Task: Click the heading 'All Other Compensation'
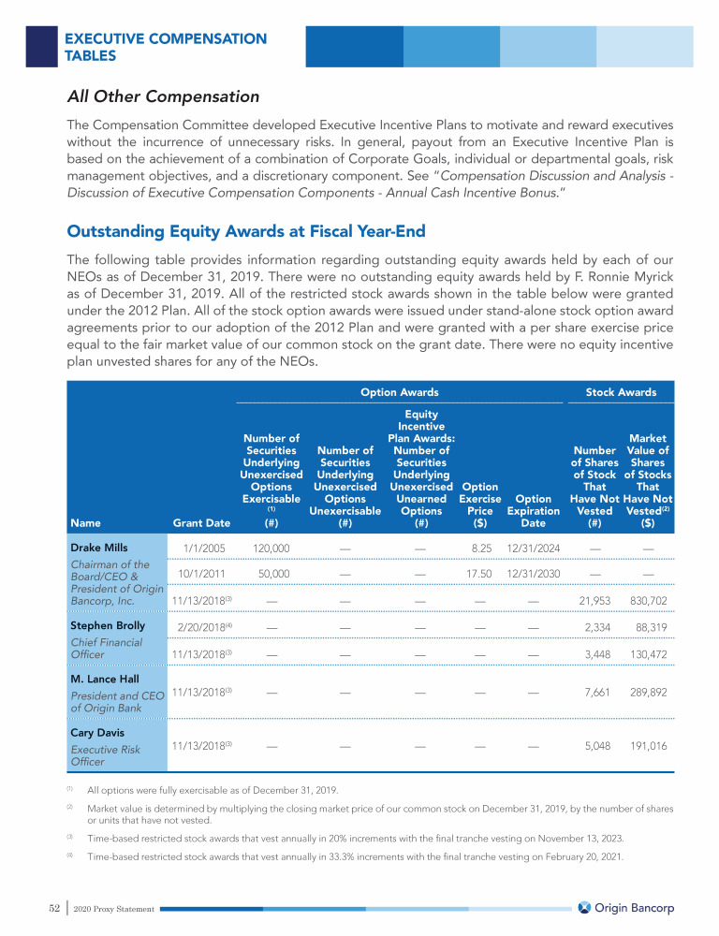[163, 96]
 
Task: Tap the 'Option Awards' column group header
[400, 392]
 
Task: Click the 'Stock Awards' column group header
[621, 392]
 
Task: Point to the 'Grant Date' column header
[201, 523]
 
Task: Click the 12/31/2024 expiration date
[533, 548]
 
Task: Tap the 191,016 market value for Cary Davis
[647, 747]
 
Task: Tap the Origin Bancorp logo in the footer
[625, 908]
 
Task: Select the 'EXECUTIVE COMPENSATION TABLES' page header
[166, 47]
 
